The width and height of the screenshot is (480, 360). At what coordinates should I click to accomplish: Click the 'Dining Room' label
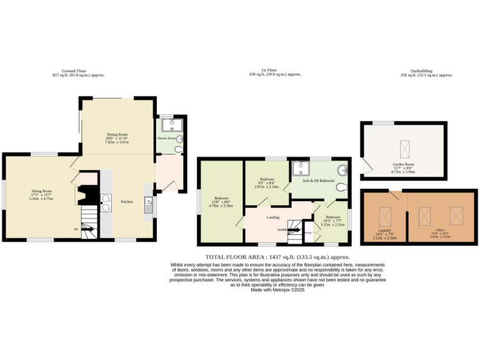coord(117,134)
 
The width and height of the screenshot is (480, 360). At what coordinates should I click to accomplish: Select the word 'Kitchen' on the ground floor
coord(127,202)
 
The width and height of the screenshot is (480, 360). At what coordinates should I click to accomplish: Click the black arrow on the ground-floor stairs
coord(87,229)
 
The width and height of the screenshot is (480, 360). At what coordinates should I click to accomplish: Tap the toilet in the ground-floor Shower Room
coord(178,150)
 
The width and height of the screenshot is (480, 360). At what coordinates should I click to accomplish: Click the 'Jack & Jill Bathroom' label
coord(318,181)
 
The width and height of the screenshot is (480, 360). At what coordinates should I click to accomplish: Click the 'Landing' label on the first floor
coord(272,217)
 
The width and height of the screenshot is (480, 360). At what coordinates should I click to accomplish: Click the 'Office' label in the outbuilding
coord(441,231)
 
